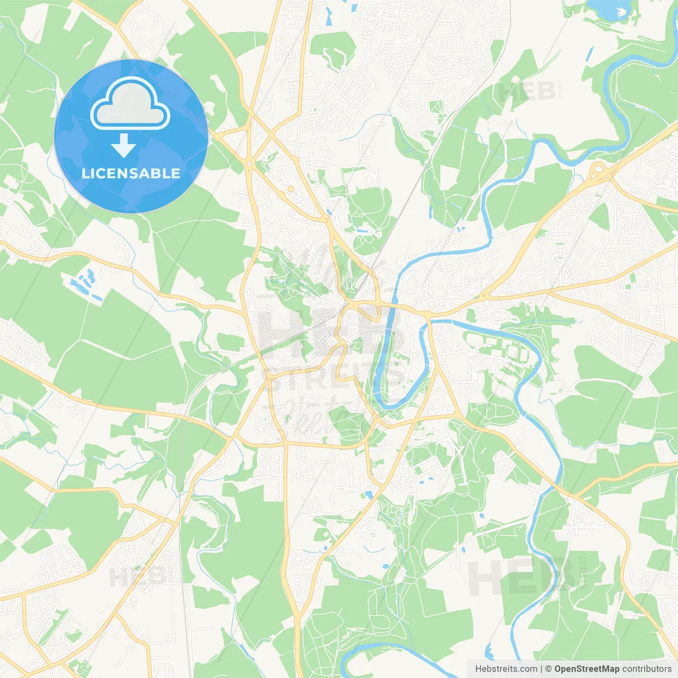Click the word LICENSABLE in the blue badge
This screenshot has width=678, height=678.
point(131,173)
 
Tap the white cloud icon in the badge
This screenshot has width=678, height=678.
point(130,104)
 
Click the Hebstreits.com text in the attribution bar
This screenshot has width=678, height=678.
point(506,669)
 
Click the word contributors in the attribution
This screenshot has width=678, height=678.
point(647,669)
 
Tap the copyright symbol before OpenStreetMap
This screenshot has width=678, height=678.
point(549,669)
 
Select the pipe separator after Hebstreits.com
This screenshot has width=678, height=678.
point(541,669)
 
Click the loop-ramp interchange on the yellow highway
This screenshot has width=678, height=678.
point(600,171)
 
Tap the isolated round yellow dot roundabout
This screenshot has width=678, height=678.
point(290,189)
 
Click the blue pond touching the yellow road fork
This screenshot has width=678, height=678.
point(367,495)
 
